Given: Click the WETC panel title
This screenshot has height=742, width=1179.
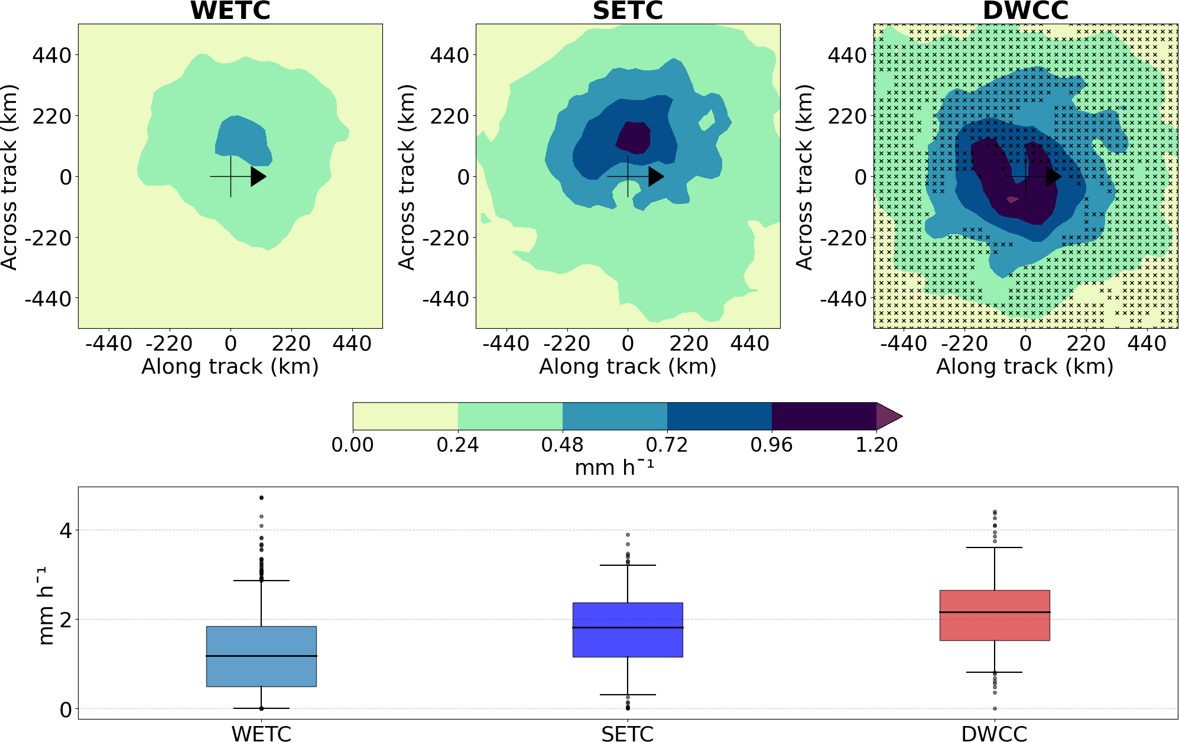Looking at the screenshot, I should click(x=230, y=11).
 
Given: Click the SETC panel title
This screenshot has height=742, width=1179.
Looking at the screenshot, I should click(x=628, y=11).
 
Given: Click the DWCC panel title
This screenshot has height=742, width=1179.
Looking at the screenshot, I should click(x=1025, y=11).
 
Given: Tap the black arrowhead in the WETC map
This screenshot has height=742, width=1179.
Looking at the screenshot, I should click(x=258, y=176).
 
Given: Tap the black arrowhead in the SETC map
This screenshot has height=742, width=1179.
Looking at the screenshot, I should click(x=655, y=176).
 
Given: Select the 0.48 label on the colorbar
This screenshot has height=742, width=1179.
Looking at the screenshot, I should click(x=562, y=445).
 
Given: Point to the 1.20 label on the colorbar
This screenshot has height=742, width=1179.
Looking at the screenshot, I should click(x=876, y=445).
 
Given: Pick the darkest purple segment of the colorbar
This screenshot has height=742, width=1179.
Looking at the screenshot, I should click(x=824, y=416).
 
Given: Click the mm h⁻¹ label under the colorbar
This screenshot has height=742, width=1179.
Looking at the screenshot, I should click(x=615, y=468).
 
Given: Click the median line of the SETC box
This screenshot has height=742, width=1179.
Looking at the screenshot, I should click(x=628, y=627).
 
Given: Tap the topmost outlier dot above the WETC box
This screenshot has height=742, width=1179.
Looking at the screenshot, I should click(x=261, y=498).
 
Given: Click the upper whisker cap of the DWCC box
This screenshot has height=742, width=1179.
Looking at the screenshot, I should click(x=995, y=547).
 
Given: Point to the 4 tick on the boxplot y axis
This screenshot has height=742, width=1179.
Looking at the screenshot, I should click(x=66, y=530).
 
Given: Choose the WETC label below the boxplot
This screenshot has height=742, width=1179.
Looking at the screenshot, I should click(x=261, y=734).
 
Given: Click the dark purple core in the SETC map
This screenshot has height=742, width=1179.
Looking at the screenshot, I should click(x=634, y=138).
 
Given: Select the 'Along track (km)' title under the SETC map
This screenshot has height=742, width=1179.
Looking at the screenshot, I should click(x=628, y=367).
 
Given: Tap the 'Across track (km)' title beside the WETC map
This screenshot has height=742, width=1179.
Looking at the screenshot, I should click(x=10, y=177).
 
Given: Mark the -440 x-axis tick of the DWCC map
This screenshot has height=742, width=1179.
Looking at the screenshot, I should click(x=904, y=344).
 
